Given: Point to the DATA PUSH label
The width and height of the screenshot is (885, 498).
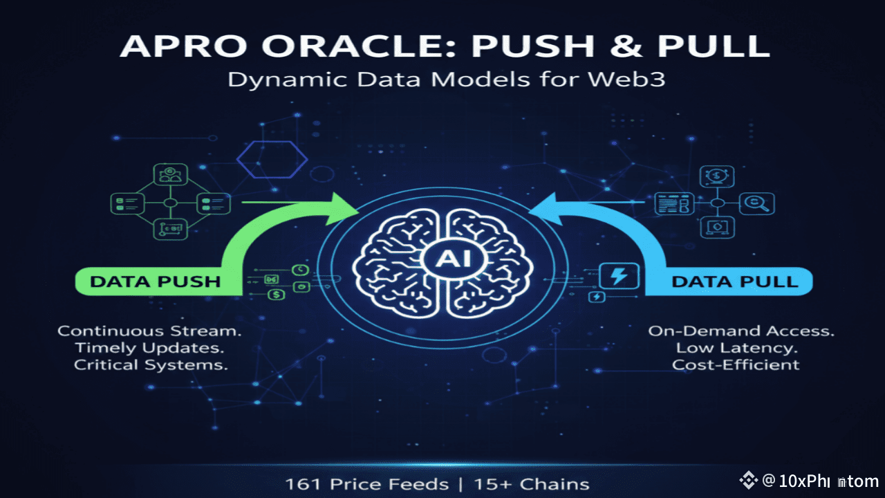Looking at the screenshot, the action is [x=155, y=282].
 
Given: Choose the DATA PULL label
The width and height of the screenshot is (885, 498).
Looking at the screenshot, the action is [x=734, y=282].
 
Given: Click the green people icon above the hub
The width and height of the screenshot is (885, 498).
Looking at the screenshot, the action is [x=169, y=174].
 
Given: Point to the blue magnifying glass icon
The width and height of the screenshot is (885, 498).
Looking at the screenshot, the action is [x=758, y=203].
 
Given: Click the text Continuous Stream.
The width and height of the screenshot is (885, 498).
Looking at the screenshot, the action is [x=149, y=331].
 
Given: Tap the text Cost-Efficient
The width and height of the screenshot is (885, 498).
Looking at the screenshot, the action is [x=736, y=365].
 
